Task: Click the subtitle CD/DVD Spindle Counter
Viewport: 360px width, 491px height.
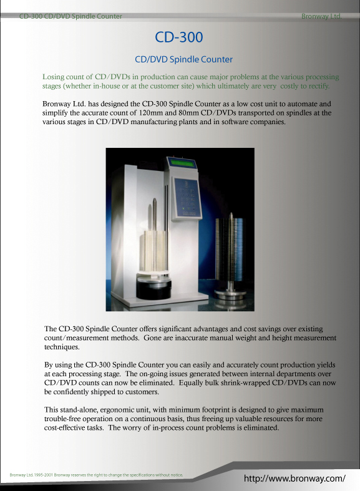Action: [x=184, y=59]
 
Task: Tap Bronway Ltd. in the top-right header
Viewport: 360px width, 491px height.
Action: [x=321, y=16]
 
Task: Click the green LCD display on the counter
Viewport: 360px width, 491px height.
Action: [x=183, y=165]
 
